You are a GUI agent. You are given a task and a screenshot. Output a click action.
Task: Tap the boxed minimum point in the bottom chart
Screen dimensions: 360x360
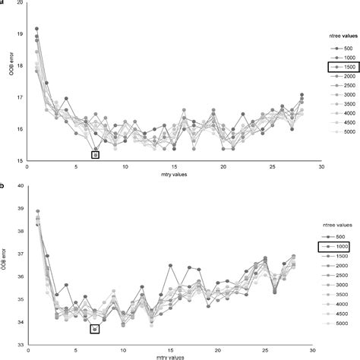coord(95,330)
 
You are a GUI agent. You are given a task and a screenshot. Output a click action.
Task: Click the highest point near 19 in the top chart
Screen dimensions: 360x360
coord(37,29)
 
